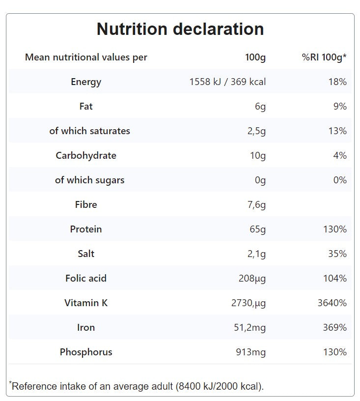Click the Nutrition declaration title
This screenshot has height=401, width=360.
point(180,29)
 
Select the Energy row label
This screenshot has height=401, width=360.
point(86,82)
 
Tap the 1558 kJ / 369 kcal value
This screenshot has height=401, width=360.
point(227,82)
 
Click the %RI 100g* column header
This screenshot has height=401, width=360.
point(324,57)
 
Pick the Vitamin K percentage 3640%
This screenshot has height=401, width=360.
point(332,303)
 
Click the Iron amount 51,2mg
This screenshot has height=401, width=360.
point(249,327)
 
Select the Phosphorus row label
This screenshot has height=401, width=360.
point(86,352)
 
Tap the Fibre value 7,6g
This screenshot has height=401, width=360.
point(256,204)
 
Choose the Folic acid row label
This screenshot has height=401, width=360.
point(86,278)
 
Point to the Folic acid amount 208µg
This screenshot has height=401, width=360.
point(252,278)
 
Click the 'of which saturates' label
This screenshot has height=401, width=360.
point(89,131)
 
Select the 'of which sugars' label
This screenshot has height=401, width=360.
point(89,180)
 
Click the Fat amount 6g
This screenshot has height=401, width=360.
point(260,106)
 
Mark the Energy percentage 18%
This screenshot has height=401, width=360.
point(337,82)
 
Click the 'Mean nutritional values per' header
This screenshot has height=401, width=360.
point(86,57)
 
